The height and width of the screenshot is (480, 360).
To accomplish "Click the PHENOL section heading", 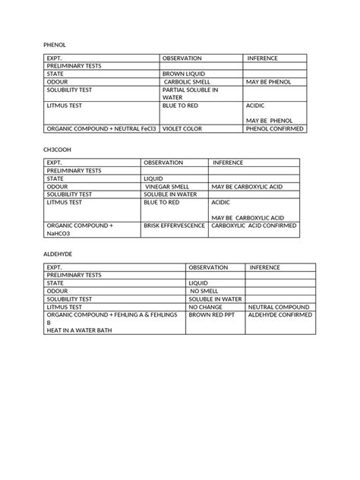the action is (x=55, y=46).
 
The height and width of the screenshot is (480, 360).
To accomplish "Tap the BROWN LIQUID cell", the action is (x=184, y=74).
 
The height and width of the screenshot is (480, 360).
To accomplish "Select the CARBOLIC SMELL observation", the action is (x=187, y=81).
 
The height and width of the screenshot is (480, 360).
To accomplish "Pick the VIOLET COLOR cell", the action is (x=182, y=129).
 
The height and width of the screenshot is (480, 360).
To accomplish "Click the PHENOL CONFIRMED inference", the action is (x=274, y=129).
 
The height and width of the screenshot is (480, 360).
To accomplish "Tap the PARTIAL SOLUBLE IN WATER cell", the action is (x=190, y=93).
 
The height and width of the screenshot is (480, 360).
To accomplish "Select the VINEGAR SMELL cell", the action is (x=167, y=186).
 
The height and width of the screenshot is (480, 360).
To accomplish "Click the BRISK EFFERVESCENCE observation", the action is (x=174, y=226).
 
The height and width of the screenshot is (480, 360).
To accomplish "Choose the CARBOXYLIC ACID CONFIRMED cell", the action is (x=254, y=226).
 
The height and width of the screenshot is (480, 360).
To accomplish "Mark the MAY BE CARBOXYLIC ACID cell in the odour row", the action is (x=248, y=186).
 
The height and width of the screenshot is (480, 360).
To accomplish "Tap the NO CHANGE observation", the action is (x=206, y=307).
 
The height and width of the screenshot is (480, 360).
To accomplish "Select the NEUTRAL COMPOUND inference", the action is (x=278, y=307).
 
